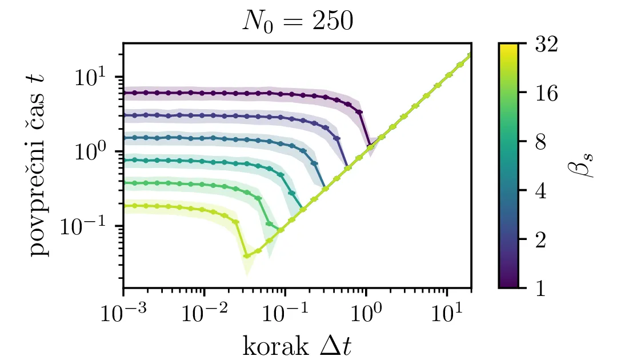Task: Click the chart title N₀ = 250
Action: point(297,21)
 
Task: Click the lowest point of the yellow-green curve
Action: point(247,255)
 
